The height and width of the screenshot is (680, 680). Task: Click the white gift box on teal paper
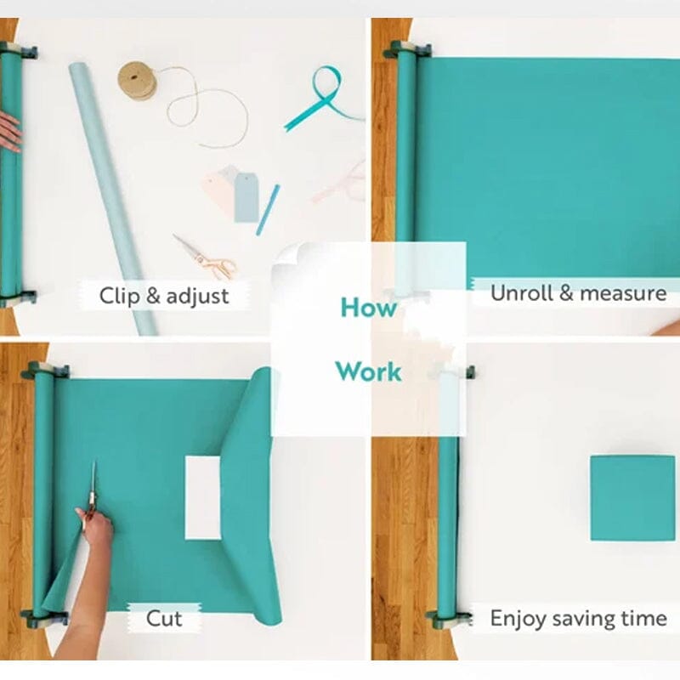202,497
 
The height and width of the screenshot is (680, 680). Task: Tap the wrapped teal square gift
632,498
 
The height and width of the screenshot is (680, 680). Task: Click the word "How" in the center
368,308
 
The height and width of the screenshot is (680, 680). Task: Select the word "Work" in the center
368,371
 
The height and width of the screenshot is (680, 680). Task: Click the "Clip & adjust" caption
164,296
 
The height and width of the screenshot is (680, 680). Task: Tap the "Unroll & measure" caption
578,293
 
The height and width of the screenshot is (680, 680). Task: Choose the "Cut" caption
164,618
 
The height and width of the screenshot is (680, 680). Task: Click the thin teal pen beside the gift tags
268,209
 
